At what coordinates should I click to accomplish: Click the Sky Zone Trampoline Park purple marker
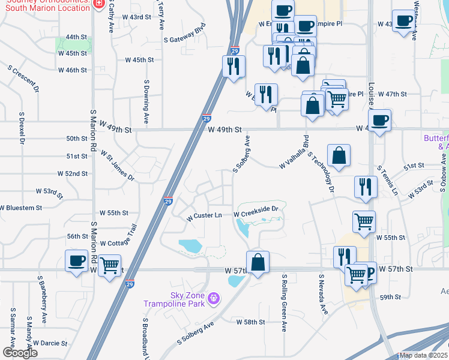(x=212, y=297)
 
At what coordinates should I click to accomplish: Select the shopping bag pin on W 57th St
(x=258, y=262)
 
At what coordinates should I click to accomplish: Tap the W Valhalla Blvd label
(x=294, y=155)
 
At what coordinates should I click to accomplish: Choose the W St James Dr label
(x=118, y=166)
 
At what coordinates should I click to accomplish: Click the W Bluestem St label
(x=22, y=208)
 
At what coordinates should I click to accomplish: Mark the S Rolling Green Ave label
(x=285, y=303)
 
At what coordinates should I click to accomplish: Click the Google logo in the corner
(x=20, y=353)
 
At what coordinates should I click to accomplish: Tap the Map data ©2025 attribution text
(x=424, y=355)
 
